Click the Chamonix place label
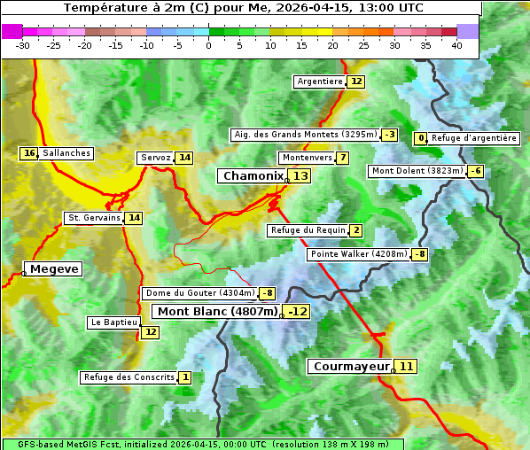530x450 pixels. pos(253,176)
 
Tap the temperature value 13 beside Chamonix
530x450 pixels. pos(301,176)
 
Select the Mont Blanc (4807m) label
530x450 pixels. pos(217,311)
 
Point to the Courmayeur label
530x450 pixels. pos(352,366)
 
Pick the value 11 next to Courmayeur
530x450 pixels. pos(406,366)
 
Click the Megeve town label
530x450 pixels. pos(54,268)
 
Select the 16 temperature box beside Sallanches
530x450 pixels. pos(29,153)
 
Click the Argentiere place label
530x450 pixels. pos(320,81)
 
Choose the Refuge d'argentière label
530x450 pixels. pos(473,138)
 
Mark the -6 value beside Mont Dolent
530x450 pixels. pos(476,171)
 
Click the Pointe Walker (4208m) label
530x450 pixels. pos(358,254)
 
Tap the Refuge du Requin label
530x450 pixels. pos(308,230)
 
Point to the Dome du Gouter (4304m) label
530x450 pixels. pos(199,293)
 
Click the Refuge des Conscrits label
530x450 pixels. pos(129,377)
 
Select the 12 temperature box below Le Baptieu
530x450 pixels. pos(150,332)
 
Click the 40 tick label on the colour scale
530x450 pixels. pos(456,44)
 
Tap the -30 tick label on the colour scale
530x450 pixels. pos(23,44)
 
